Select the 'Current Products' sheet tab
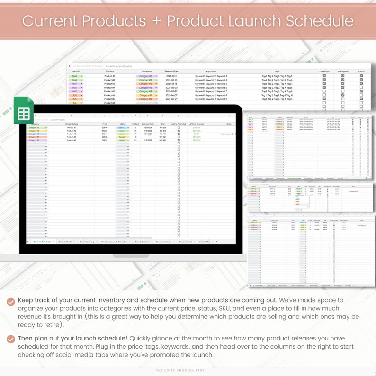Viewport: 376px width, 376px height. point(42,242)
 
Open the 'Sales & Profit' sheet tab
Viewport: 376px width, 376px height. point(65,242)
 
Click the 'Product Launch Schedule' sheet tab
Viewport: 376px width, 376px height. point(115,242)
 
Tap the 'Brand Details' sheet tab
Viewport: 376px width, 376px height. point(142,242)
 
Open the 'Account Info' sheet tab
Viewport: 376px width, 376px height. point(186,242)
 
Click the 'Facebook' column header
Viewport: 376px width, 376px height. point(324,72)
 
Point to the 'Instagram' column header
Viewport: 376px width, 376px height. point(343,72)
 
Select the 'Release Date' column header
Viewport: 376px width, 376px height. point(171,72)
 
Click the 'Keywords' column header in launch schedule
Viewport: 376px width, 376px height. point(211,72)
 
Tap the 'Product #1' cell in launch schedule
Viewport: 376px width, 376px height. point(109,76)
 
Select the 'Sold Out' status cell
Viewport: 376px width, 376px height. point(122,128)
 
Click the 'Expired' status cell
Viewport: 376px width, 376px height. point(122,137)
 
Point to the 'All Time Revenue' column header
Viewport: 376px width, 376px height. point(197,124)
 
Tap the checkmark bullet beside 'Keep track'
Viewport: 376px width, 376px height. point(11,301)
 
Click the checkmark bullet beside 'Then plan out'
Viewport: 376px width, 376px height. point(11,339)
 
